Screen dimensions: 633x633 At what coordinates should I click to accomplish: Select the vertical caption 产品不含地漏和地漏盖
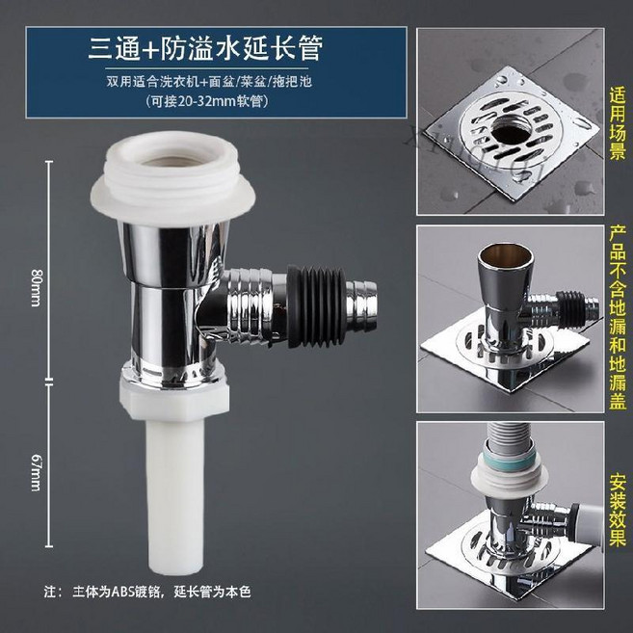tap(618, 318)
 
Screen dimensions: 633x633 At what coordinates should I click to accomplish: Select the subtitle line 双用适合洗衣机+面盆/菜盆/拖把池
tap(208, 81)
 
